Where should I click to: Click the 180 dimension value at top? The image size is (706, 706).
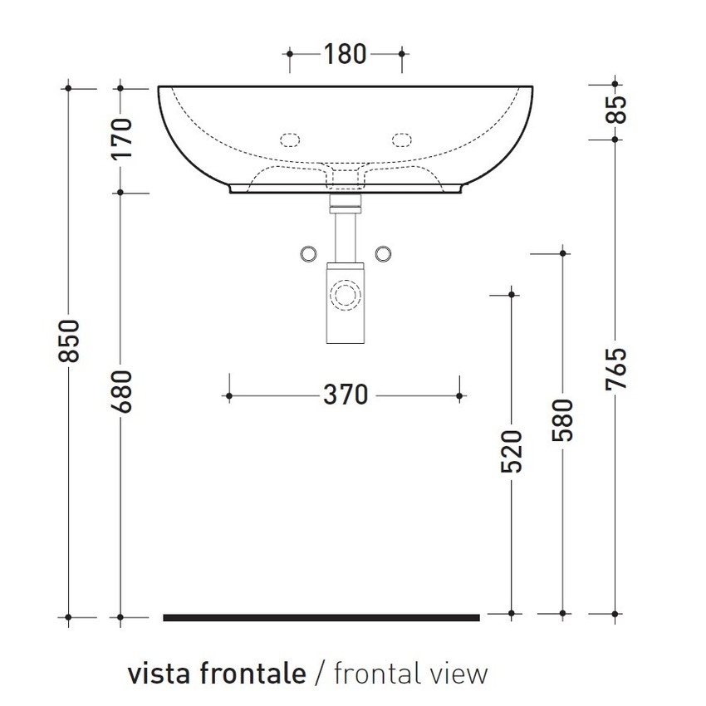345,54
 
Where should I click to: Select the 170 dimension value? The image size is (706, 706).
121,139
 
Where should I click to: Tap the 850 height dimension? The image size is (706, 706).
70,340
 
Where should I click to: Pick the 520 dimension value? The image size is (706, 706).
512,451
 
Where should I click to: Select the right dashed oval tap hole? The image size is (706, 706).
402,139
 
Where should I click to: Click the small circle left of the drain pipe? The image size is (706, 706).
307,252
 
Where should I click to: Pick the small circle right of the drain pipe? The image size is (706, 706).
383,252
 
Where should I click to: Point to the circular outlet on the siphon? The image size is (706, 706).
345,294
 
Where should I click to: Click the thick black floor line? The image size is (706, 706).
321,617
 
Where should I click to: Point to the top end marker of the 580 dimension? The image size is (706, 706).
564,252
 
